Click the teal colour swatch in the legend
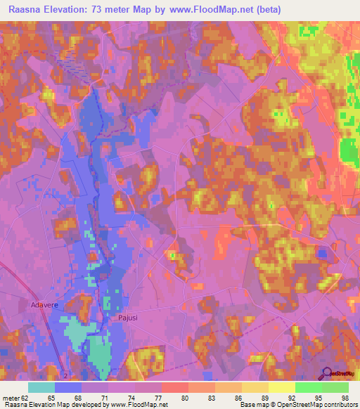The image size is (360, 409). point(41,387)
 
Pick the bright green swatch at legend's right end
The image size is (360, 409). point(335,387)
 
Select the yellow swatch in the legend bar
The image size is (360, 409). point(282,387)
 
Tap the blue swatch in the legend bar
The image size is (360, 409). point(68,387)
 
